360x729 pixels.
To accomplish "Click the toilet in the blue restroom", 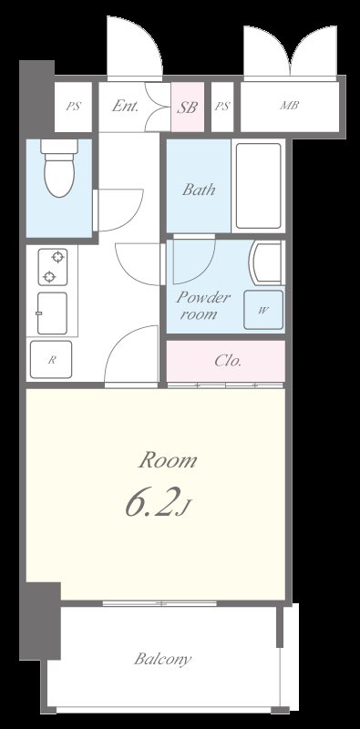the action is coord(59,168).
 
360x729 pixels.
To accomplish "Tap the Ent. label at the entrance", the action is coord(125,106).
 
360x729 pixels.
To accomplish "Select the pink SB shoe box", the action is coord(188,107).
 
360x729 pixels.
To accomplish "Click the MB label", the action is coord(289,106).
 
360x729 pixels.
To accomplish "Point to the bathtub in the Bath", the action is coord(258,186).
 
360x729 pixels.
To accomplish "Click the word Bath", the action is coord(199,190).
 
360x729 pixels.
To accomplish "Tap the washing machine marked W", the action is coord(263,310).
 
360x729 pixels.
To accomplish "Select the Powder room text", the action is coord(202,305).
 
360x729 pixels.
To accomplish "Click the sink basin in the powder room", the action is coord(266,262).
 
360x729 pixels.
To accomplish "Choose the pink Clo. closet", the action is coord(226,361).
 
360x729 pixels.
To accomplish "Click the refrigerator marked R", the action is coord(51,359).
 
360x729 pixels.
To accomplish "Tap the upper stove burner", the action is coord(57,257).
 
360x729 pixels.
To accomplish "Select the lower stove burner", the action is coord(49,278).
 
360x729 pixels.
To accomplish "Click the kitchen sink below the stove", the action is coord(52,313).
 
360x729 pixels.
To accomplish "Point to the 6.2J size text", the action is coord(157,505).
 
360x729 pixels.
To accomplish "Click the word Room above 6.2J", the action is coord(168,460).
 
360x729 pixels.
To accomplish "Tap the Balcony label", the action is coord(162,659).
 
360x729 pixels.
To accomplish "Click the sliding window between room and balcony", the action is coord(159,603).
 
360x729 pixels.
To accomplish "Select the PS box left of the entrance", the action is coord(73,107).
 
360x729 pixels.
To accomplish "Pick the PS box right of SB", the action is coord(222,107).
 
